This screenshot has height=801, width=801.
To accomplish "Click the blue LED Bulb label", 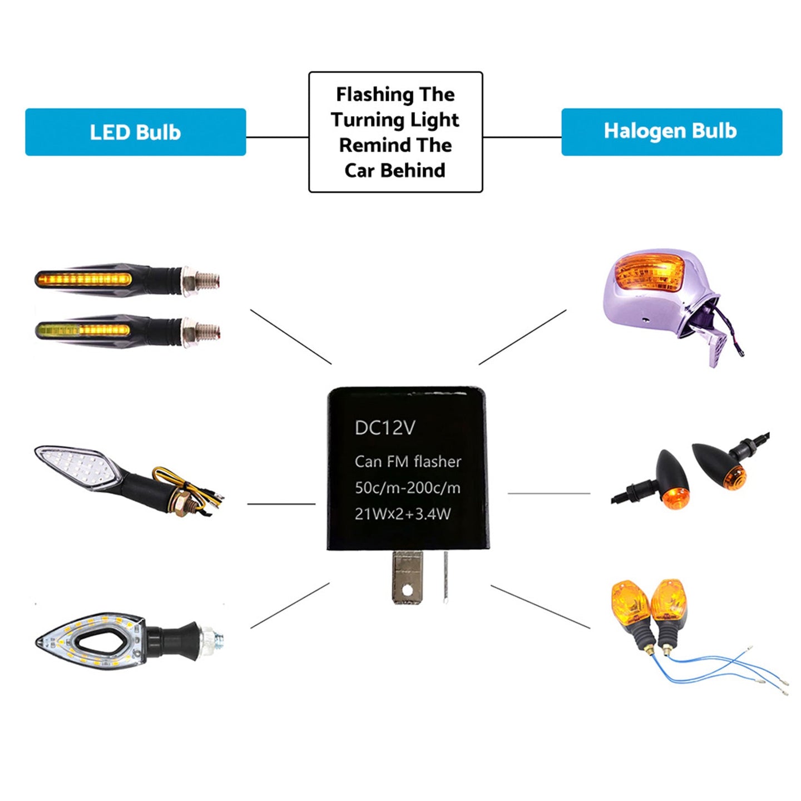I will [x=135, y=132].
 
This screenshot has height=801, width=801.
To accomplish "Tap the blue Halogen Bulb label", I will [x=671, y=131].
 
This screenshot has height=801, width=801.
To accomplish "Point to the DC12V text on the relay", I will [x=385, y=428].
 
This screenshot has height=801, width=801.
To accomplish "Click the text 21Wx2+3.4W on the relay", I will [x=403, y=513].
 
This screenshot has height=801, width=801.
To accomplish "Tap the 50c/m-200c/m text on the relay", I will [x=408, y=488].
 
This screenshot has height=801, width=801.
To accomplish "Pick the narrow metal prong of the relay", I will [x=446, y=576].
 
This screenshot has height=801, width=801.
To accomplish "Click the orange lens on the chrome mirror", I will [x=651, y=273].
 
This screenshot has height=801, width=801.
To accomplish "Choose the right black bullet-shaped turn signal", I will [x=720, y=465].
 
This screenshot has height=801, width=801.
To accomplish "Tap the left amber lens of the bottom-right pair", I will [x=629, y=604].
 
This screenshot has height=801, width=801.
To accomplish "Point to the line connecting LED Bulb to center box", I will [x=277, y=137].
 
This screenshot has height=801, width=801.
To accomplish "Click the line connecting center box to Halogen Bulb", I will [x=522, y=137].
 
